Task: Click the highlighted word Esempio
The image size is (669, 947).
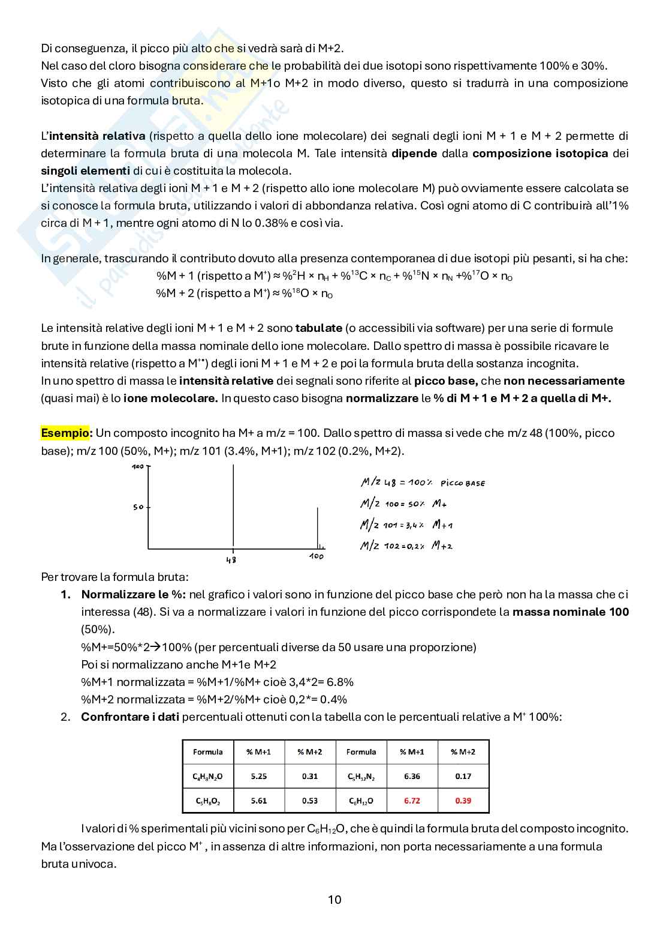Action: (x=66, y=433)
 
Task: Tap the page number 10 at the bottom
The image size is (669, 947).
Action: (x=334, y=900)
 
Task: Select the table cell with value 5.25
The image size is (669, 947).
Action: (x=258, y=776)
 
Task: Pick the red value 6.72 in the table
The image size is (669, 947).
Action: (x=412, y=801)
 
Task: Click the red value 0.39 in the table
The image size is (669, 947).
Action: (x=463, y=801)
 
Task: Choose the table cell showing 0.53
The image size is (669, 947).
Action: (x=310, y=801)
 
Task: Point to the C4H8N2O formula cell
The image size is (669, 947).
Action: (x=207, y=777)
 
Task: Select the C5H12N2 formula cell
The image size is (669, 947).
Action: (x=361, y=777)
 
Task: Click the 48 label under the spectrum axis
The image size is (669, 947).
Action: (x=231, y=560)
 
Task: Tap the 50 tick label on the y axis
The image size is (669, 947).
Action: (x=138, y=507)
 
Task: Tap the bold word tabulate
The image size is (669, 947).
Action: (x=318, y=328)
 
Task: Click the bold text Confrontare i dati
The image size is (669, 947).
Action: (x=129, y=717)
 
